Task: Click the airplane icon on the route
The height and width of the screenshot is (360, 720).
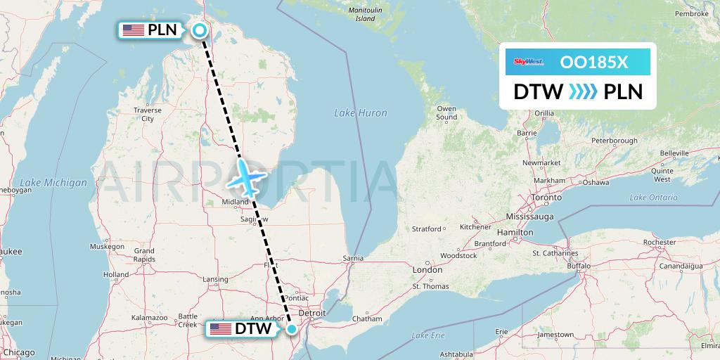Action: click(x=245, y=176)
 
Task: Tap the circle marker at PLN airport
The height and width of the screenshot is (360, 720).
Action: click(x=200, y=30)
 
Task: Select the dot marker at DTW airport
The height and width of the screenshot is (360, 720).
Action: click(x=292, y=328)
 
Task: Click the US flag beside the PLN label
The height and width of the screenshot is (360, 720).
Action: click(x=133, y=30)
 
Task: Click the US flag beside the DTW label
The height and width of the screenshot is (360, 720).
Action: click(x=220, y=329)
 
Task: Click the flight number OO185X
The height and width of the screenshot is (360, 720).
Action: click(x=594, y=62)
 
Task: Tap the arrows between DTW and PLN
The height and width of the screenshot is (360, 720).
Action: click(x=582, y=91)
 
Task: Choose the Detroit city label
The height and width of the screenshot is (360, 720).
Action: click(x=311, y=312)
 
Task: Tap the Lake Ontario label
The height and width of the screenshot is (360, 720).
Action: click(x=654, y=198)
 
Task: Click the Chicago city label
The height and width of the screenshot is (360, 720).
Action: click(x=19, y=352)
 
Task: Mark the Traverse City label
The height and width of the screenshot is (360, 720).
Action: click(x=148, y=115)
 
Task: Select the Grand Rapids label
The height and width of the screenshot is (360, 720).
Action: click(x=144, y=255)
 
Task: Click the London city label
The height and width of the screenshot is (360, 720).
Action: click(x=427, y=269)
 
